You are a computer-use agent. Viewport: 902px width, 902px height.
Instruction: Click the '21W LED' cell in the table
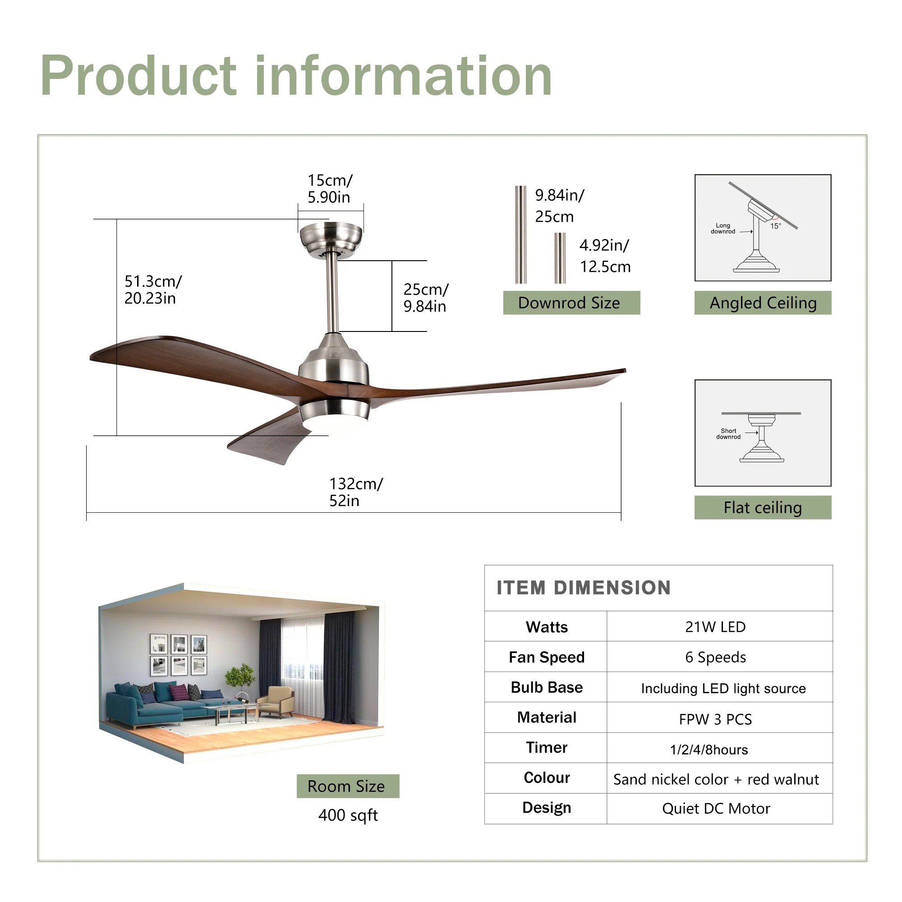coord(715,627)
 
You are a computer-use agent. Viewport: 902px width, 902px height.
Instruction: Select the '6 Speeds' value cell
coord(715,658)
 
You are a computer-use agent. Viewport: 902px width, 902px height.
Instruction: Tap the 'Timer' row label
coord(546,747)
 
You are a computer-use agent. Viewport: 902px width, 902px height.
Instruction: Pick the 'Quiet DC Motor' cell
coord(716,808)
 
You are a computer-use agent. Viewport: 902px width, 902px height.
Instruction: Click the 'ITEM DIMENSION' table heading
coord(583,588)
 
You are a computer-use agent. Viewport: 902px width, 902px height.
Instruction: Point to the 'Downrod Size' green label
coord(571,303)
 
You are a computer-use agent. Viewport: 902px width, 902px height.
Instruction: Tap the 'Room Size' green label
coord(347,786)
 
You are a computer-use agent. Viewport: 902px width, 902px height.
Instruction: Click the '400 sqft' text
coord(348,815)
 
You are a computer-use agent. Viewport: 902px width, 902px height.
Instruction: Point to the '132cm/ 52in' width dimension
coord(355,492)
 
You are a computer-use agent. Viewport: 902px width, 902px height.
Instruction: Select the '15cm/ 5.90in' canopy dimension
coord(330,188)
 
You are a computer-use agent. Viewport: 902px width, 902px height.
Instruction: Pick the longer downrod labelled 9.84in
coord(520,235)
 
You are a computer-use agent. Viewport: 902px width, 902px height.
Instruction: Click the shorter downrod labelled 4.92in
coord(560,258)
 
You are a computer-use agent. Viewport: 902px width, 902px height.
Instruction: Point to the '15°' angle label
coord(775,226)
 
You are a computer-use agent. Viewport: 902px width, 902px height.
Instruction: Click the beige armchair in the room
coord(276,700)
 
